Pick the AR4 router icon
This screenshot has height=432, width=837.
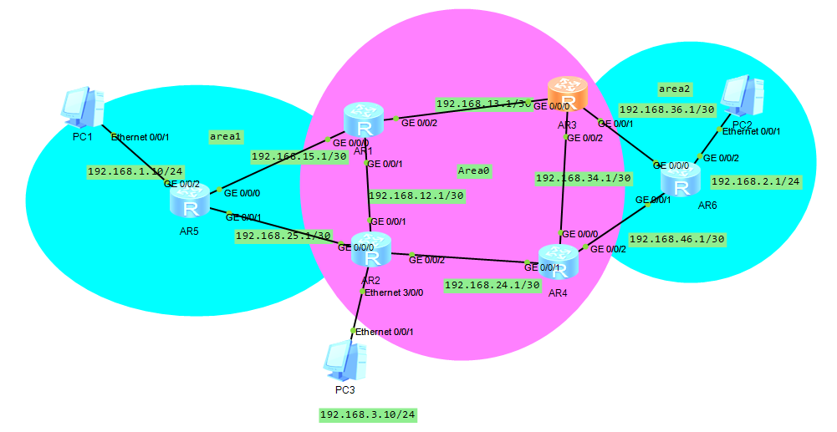tap(559, 262)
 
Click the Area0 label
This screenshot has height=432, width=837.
tap(474, 170)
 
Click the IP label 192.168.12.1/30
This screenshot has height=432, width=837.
tap(416, 196)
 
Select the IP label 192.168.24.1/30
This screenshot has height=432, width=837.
tap(492, 285)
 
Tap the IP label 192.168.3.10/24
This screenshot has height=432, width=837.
tap(367, 414)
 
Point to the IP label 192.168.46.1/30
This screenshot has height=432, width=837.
tap(676, 239)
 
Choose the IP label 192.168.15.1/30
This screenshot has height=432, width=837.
tap(299, 155)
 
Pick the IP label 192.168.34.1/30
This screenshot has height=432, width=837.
tap(583, 178)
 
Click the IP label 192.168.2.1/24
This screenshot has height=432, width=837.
tap(755, 180)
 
